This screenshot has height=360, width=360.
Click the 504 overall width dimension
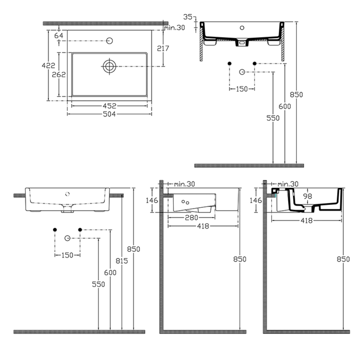(109, 114)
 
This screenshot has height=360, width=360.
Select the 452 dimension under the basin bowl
(109, 105)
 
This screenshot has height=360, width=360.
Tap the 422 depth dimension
(49, 65)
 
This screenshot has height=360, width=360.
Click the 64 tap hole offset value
(58, 36)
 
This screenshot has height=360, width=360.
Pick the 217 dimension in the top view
(163, 48)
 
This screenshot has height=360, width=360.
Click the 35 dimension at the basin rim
(187, 17)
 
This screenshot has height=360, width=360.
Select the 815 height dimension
(122, 260)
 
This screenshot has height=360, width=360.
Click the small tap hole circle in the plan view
(110, 41)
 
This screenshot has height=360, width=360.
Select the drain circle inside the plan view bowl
(109, 66)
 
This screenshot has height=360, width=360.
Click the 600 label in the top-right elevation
(285, 106)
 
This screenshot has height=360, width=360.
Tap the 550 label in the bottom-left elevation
(98, 284)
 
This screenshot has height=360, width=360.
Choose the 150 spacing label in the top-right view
(242, 89)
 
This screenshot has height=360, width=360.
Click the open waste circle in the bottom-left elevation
(67, 238)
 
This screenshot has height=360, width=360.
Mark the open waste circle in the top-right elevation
(242, 72)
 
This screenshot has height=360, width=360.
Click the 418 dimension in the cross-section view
(306, 221)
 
